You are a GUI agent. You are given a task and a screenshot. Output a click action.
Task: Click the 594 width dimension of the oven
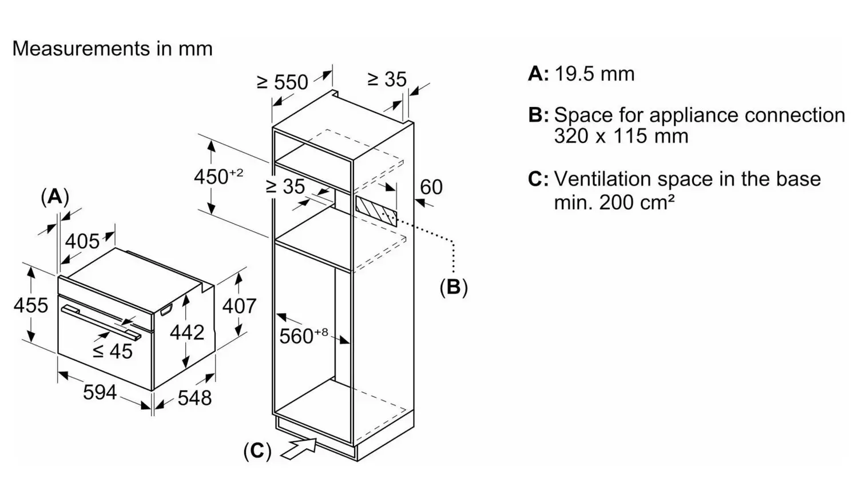pos(100,393)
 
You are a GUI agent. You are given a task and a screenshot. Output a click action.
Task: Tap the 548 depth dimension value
pos(194,398)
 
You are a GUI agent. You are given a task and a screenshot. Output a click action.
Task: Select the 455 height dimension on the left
pos(31,305)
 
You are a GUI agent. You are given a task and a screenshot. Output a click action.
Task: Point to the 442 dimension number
pos(187,332)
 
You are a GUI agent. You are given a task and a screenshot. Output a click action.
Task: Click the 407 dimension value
pos(239,306)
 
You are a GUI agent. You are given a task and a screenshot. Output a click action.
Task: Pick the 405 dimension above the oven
pos(82,242)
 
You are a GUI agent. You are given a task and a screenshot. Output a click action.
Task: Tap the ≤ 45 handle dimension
pos(113,352)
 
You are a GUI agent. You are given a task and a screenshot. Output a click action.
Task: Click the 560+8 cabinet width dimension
pos(303,336)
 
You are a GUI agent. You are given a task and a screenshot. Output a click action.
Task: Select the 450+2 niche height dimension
pos(219,176)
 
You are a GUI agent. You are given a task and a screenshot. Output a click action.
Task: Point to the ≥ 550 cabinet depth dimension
pos(283,82)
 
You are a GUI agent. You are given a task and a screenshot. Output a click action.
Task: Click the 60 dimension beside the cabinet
pos(431,187)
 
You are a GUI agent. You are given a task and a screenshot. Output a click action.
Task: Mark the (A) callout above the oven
pos(55,198)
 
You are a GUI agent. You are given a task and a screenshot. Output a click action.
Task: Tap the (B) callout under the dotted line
pos(454,287)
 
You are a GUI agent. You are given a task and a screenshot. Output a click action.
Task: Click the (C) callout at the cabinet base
pos(257,450)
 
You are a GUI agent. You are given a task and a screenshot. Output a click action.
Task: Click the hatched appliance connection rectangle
pos(376,211)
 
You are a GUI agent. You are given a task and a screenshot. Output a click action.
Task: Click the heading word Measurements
pos(81,49)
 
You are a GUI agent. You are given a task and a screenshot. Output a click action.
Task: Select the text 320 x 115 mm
pos(621,136)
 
